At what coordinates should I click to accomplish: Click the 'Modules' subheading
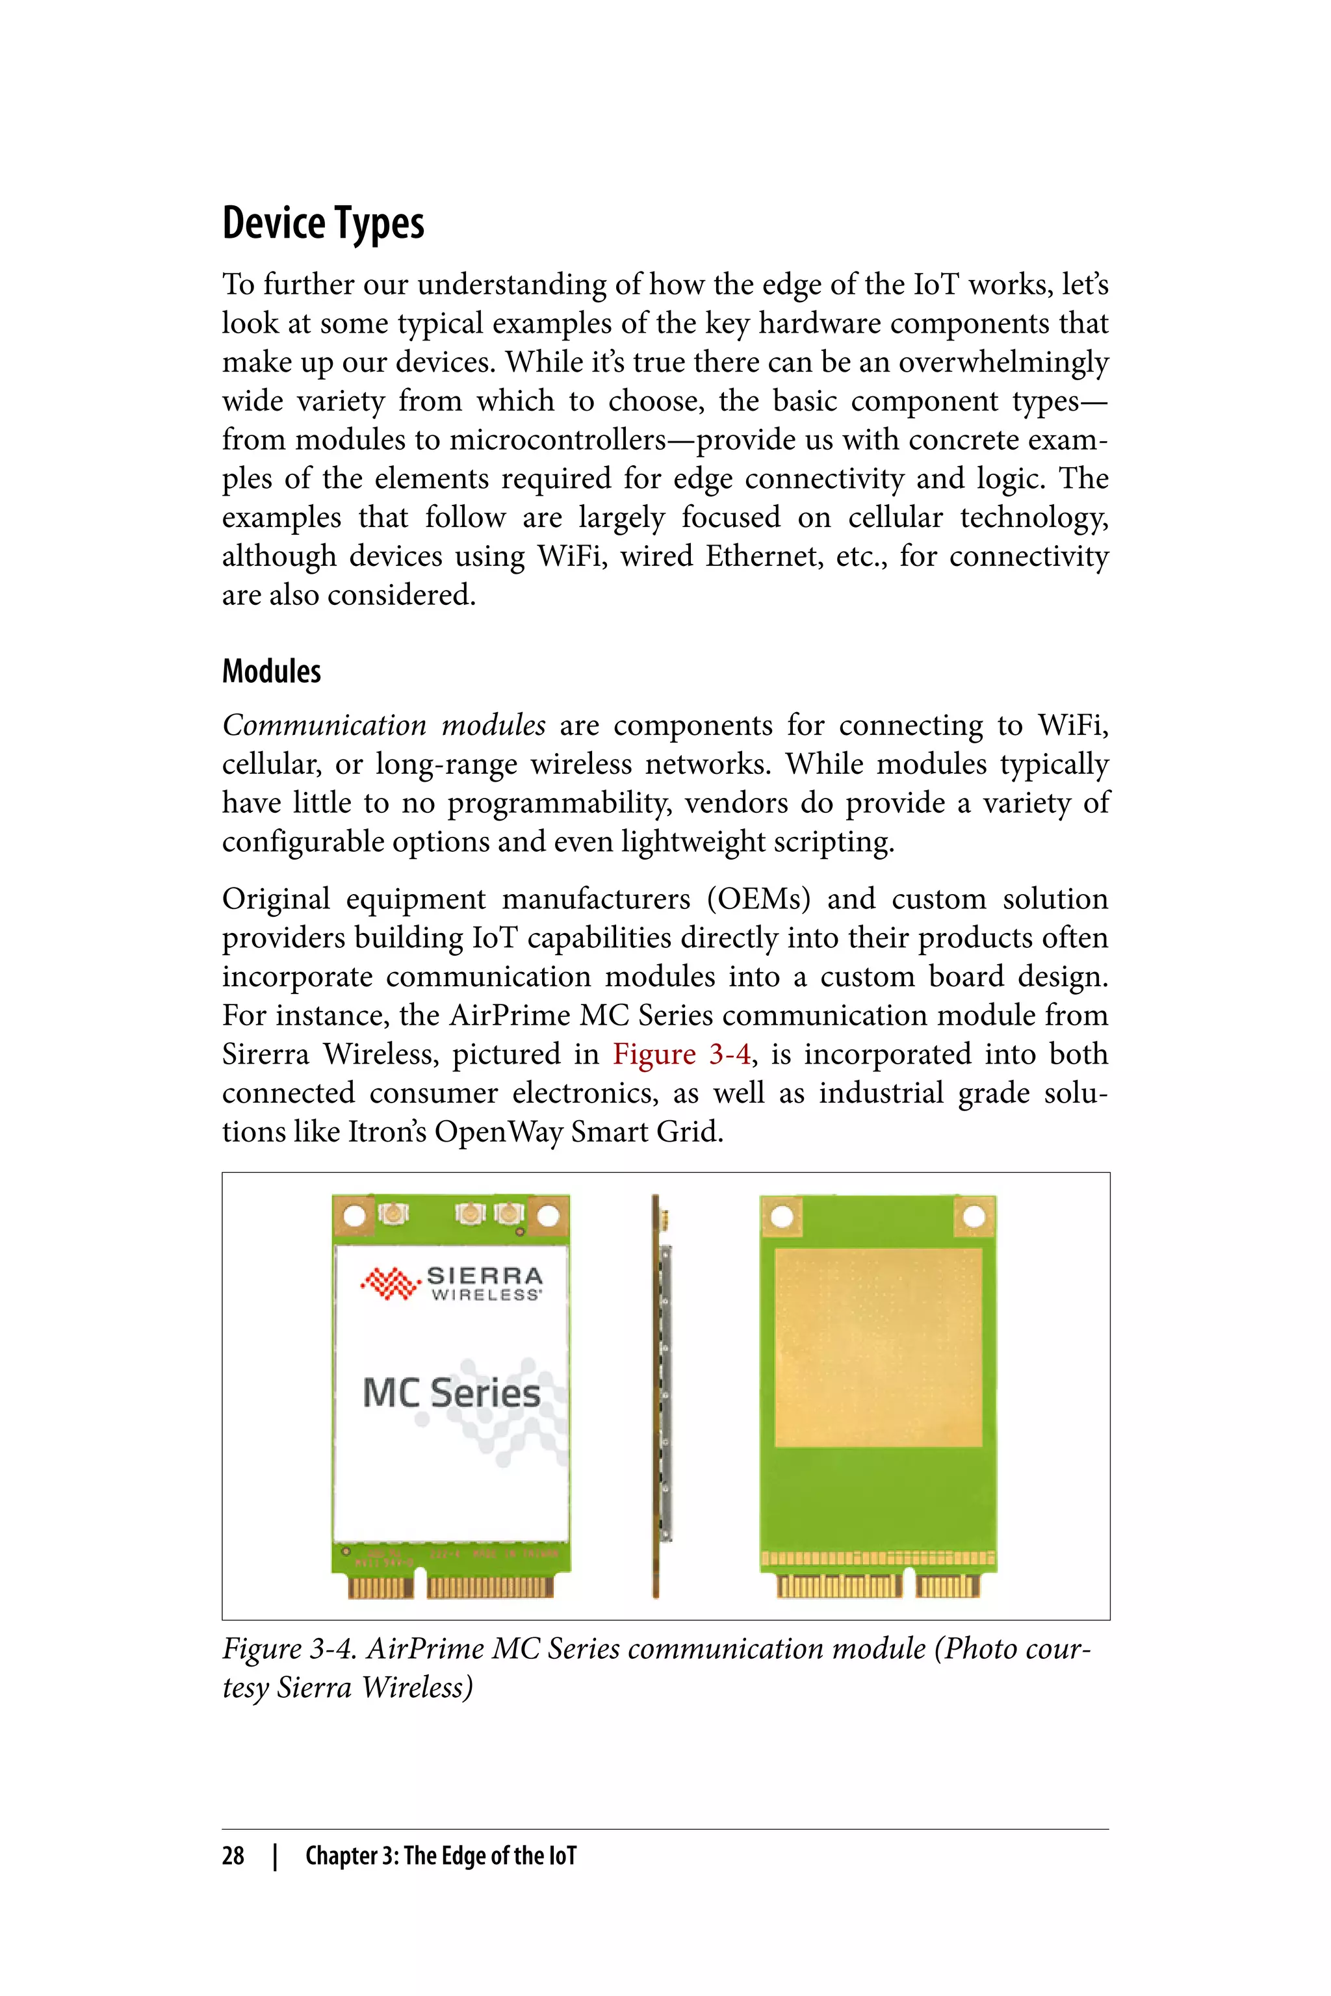[x=271, y=671]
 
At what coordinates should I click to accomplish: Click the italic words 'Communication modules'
[x=383, y=726]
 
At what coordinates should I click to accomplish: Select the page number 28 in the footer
[x=233, y=1856]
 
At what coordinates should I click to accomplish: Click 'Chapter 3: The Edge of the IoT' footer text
[x=441, y=1856]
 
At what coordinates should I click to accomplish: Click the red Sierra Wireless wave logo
[x=390, y=1283]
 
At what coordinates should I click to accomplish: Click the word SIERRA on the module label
[x=485, y=1275]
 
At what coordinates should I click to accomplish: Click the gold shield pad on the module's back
[x=878, y=1348]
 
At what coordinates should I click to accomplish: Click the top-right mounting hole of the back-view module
[x=974, y=1217]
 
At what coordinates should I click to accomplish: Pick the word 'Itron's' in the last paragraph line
[x=387, y=1132]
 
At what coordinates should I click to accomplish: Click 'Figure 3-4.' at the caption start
[x=289, y=1648]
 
